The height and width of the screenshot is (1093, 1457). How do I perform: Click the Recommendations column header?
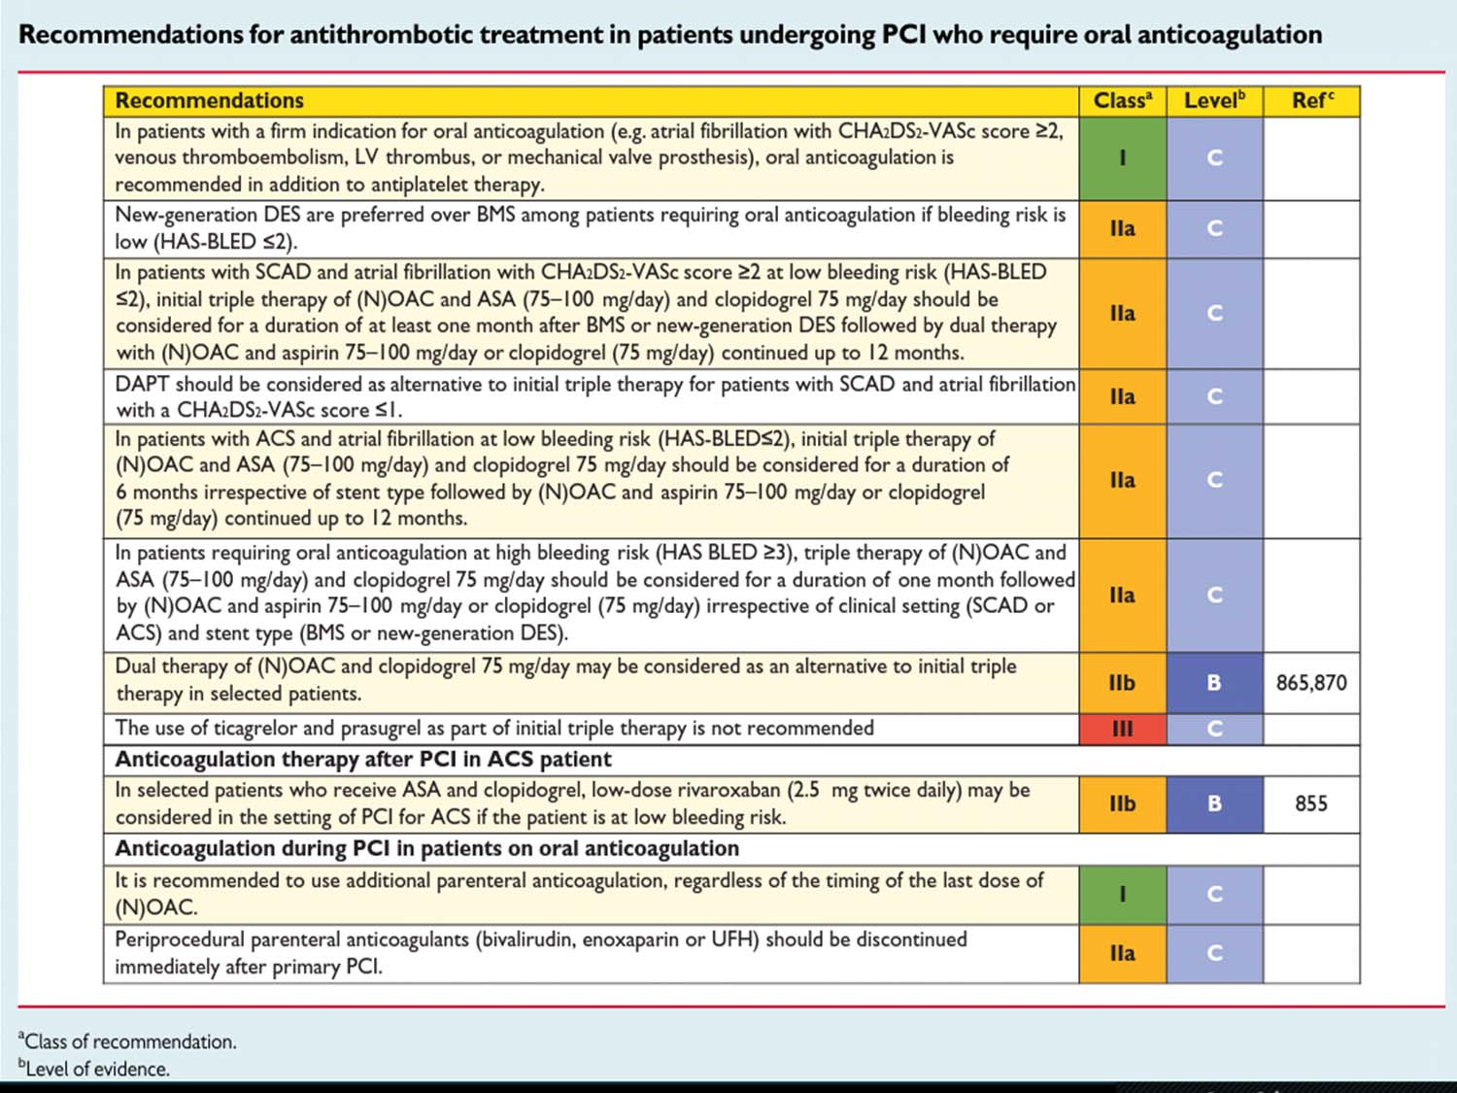point(209,100)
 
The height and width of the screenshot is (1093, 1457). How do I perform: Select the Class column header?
point(1122,100)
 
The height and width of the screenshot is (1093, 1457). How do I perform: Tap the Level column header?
point(1214,100)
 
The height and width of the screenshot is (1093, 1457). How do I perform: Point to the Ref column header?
point(1311,100)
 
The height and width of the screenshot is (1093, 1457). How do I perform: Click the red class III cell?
point(1123,729)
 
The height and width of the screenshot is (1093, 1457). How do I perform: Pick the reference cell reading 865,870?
point(1311,683)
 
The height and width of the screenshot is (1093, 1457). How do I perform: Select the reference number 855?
point(1311,803)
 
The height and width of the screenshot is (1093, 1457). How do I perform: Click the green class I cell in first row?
point(1123,158)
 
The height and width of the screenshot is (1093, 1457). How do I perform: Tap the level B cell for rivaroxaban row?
point(1215,803)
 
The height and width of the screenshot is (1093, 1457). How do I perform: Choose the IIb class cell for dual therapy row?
point(1123,683)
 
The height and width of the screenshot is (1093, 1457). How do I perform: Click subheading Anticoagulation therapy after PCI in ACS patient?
point(363,759)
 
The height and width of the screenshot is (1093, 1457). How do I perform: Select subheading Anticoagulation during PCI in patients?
point(426,849)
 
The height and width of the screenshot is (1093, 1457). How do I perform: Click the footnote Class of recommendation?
point(127,1042)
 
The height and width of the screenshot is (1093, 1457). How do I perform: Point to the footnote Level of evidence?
point(93,1069)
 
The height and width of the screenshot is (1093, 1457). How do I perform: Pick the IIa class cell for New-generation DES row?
point(1123,229)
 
